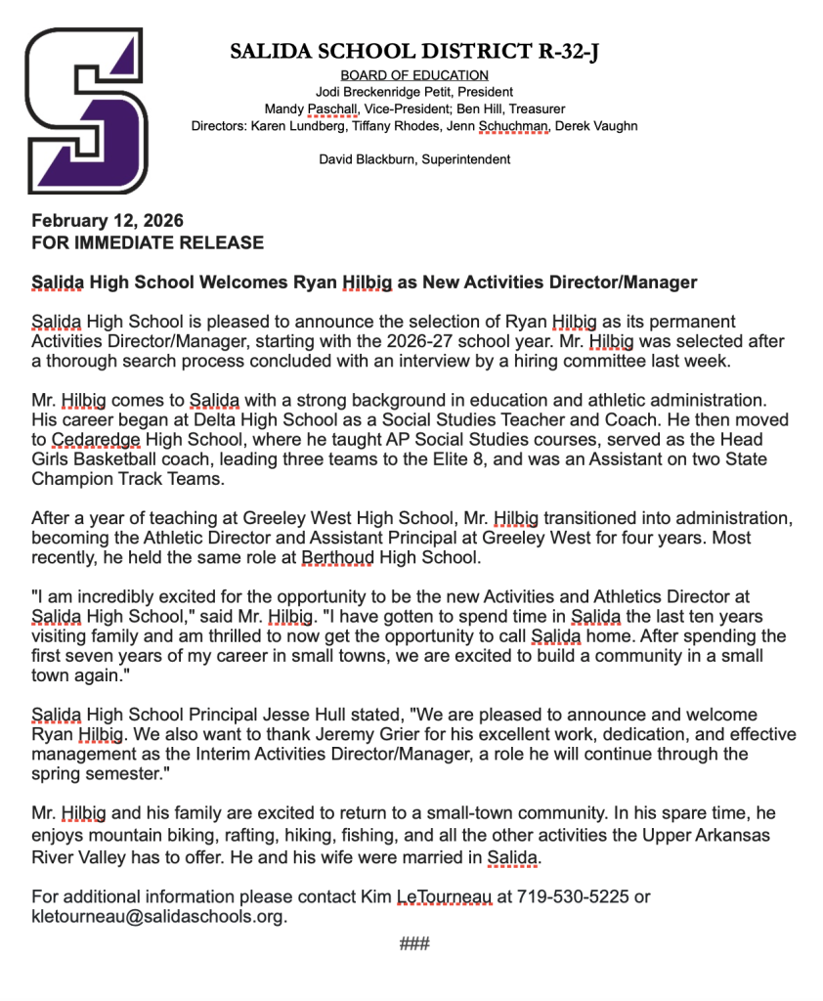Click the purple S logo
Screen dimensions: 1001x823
pyautogui.click(x=86, y=110)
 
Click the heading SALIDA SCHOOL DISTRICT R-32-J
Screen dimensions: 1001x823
pyautogui.click(x=413, y=52)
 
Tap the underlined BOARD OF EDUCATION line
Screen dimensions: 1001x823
pyautogui.click(x=414, y=75)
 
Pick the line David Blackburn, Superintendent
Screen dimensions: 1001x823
pyautogui.click(x=414, y=159)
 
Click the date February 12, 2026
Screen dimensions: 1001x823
pyautogui.click(x=108, y=222)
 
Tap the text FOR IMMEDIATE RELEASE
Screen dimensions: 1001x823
pyautogui.click(x=148, y=242)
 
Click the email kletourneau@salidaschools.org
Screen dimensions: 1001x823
pyautogui.click(x=158, y=917)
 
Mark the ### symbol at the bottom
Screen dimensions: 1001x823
pyautogui.click(x=414, y=944)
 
